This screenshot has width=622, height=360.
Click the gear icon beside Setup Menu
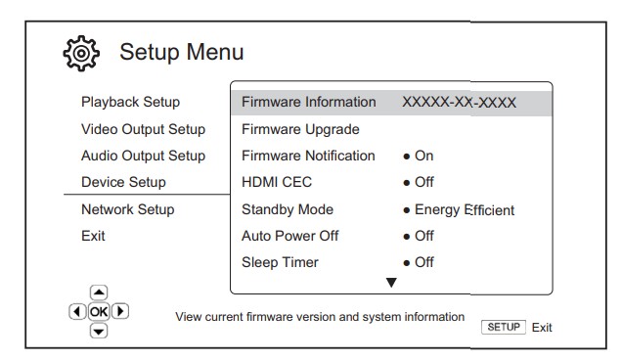(81, 54)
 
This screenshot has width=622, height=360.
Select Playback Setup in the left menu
(130, 102)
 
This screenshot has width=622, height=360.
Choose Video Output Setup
(143, 129)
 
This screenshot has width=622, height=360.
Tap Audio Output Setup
(143, 156)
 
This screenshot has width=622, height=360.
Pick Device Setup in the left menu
(123, 182)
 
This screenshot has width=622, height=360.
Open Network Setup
(128, 209)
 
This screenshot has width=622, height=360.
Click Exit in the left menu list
(93, 236)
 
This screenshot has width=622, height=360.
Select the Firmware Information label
(309, 102)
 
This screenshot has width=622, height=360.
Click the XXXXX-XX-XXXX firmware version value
(459, 103)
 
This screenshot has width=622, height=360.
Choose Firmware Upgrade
(300, 129)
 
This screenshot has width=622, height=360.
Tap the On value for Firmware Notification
(423, 156)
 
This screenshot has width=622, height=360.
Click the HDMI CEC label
(277, 182)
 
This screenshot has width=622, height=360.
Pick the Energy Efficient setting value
(465, 210)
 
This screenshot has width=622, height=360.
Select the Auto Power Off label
(290, 236)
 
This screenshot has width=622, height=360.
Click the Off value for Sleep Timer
(424, 262)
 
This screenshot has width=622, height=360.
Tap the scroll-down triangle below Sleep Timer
(391, 282)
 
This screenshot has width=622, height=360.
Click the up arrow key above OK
(99, 292)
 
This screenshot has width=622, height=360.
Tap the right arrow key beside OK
(120, 311)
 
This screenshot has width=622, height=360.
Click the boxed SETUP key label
(504, 327)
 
